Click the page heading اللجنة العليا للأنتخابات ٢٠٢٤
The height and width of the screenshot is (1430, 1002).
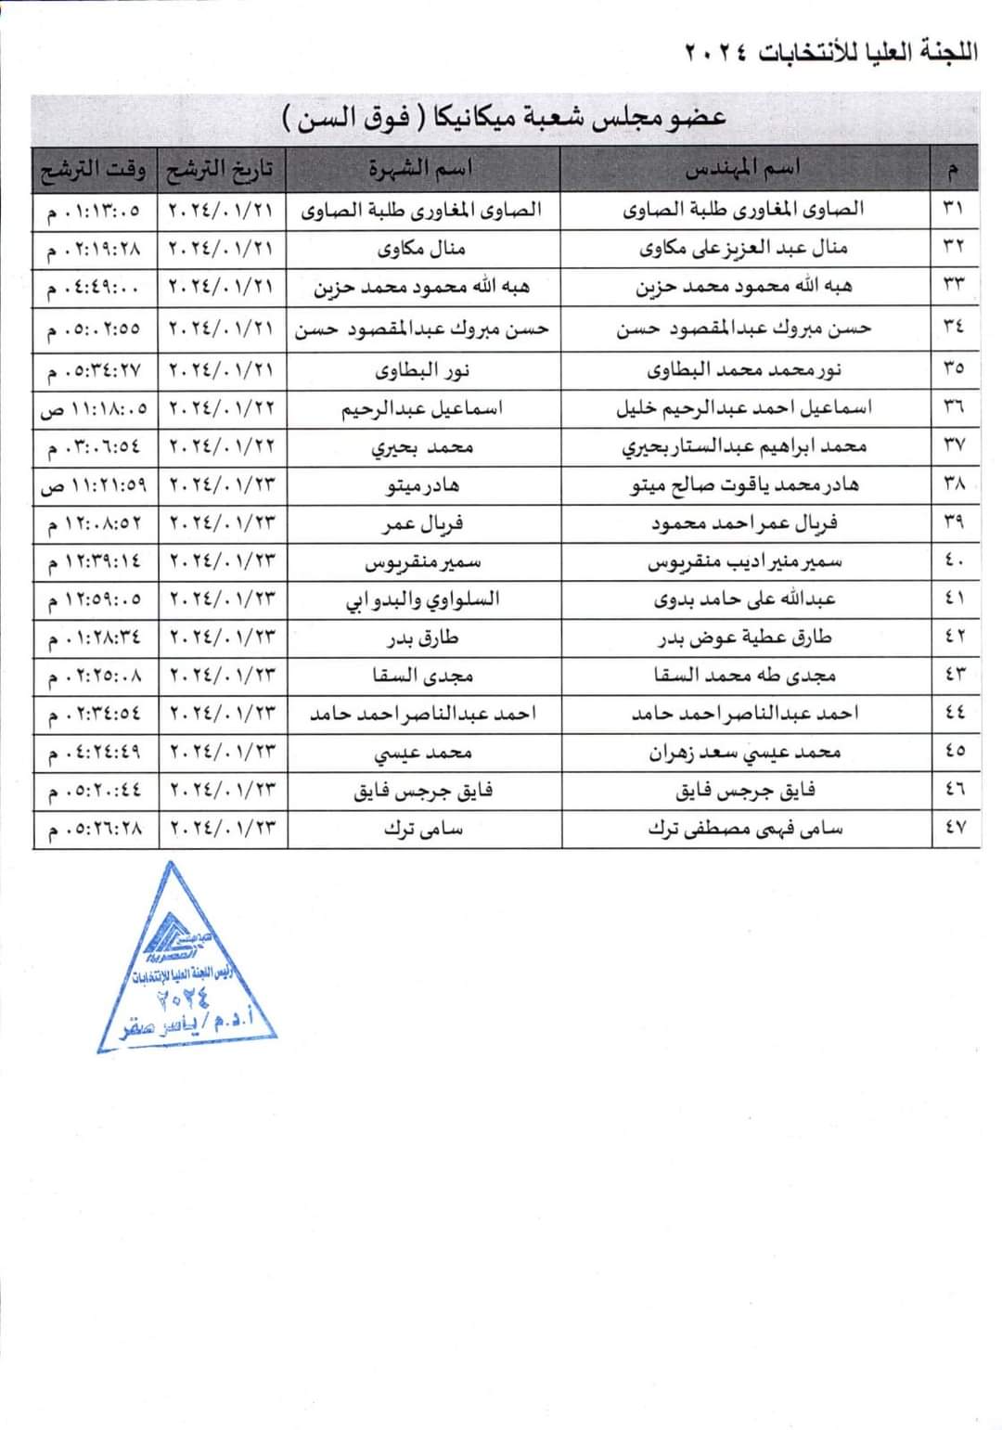(x=831, y=51)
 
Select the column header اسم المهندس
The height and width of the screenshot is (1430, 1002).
(x=743, y=169)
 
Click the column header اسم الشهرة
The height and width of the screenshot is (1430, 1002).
(x=422, y=169)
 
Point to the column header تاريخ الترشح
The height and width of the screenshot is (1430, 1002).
(x=221, y=170)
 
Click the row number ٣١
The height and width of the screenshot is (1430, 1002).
(x=954, y=209)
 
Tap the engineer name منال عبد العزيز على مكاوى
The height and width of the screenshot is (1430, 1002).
(x=744, y=248)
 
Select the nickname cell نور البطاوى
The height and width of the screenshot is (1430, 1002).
(x=422, y=370)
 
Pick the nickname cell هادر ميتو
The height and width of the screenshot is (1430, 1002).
(x=422, y=484)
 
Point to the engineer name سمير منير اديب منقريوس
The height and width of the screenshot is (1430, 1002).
(x=744, y=561)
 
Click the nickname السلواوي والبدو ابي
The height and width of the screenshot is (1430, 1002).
(x=422, y=599)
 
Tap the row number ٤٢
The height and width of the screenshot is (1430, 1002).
(x=954, y=638)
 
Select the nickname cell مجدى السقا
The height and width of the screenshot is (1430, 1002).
(x=422, y=676)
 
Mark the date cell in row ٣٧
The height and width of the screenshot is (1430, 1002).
(x=222, y=446)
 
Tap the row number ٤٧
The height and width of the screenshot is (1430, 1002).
(x=954, y=828)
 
